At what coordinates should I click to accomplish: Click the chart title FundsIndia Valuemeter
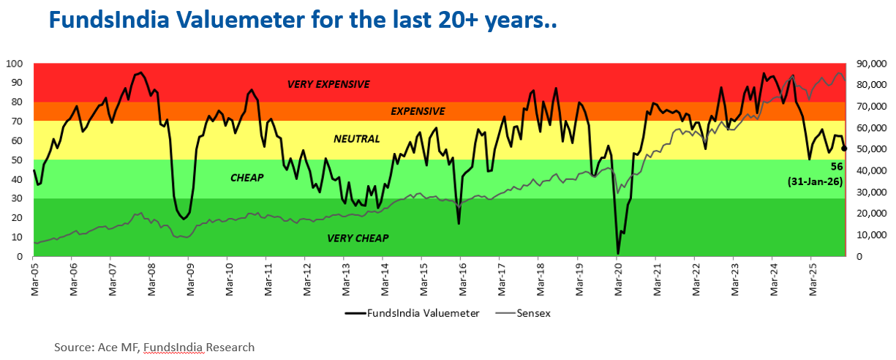(303, 21)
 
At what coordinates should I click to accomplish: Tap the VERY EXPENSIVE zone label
(328, 84)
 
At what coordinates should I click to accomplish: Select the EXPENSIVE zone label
(418, 111)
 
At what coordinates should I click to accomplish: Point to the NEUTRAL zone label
(357, 138)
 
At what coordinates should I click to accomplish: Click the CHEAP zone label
(246, 177)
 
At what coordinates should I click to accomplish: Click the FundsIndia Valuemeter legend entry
(413, 313)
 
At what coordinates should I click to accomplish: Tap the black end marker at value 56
(844, 149)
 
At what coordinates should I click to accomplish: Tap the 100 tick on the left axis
(15, 64)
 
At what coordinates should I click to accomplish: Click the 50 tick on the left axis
(17, 160)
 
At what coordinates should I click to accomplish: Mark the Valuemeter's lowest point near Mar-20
(618, 254)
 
